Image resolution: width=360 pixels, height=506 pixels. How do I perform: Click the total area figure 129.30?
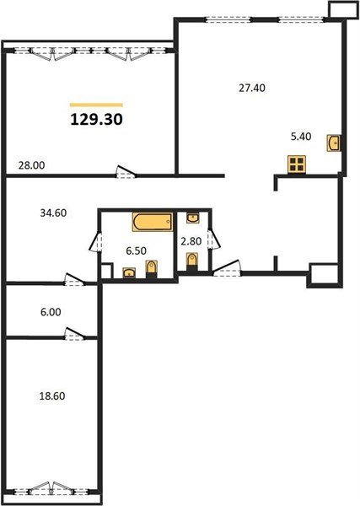click(96, 120)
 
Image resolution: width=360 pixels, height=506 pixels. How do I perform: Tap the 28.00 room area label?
click(31, 165)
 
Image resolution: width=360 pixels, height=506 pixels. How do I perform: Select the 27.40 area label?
click(252, 88)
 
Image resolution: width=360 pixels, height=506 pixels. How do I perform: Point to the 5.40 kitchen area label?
click(301, 137)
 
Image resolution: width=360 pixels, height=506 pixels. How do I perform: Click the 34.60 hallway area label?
click(53, 213)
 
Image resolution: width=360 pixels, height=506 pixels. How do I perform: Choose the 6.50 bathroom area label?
click(136, 250)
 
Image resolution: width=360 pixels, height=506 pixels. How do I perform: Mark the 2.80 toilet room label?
click(191, 241)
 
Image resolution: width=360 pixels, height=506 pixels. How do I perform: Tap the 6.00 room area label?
click(51, 312)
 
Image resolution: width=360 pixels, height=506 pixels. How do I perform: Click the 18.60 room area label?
click(52, 396)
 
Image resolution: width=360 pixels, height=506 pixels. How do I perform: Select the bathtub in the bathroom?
click(153, 222)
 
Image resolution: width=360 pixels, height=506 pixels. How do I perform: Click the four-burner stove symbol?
click(297, 164)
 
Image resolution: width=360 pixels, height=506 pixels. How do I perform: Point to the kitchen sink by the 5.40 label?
click(334, 143)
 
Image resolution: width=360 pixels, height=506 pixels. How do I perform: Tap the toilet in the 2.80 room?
click(192, 261)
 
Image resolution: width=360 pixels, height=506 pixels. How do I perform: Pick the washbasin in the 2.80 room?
click(192, 218)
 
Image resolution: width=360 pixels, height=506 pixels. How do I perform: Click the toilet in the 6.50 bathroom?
click(151, 269)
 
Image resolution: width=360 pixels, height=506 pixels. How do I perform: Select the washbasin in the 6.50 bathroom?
click(129, 272)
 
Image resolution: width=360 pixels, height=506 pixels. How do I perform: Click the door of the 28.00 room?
click(126, 172)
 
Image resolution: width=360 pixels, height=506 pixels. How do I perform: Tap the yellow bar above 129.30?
click(96, 105)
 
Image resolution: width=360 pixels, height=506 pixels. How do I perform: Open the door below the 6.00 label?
click(75, 334)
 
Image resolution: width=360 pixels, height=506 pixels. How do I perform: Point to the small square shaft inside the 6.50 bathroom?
click(106, 271)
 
